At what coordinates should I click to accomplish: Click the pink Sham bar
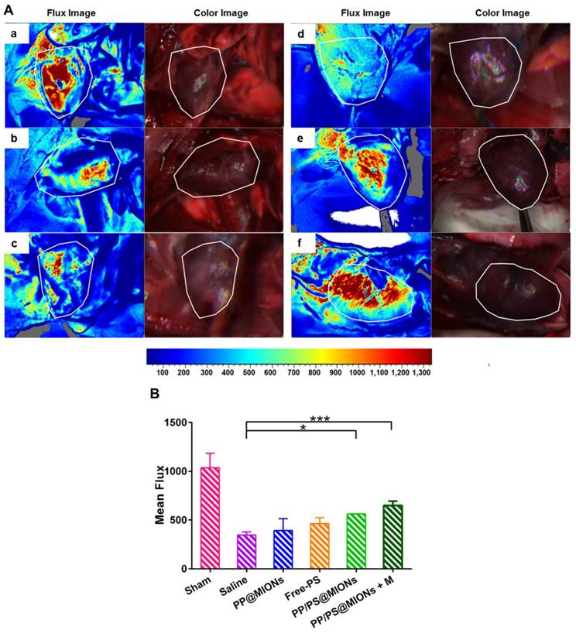[x=211, y=518]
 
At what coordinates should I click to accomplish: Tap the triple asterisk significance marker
[x=320, y=419]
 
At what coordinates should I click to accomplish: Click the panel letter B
[x=155, y=394]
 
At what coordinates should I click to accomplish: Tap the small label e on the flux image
[x=299, y=139]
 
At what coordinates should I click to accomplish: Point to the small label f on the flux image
[x=299, y=245]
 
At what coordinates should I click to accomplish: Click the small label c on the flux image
[x=13, y=245]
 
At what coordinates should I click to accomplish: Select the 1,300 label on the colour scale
[x=420, y=373]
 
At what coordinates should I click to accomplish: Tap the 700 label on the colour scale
[x=292, y=373]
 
